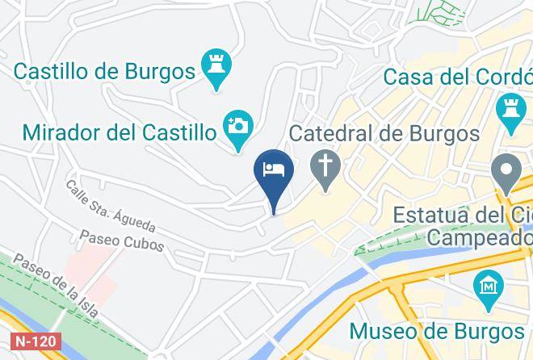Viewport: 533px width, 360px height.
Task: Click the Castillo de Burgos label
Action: pos(104,70)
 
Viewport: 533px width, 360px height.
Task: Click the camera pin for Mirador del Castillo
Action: pos(238,128)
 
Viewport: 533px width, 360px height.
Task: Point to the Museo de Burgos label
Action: pos(437,331)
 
